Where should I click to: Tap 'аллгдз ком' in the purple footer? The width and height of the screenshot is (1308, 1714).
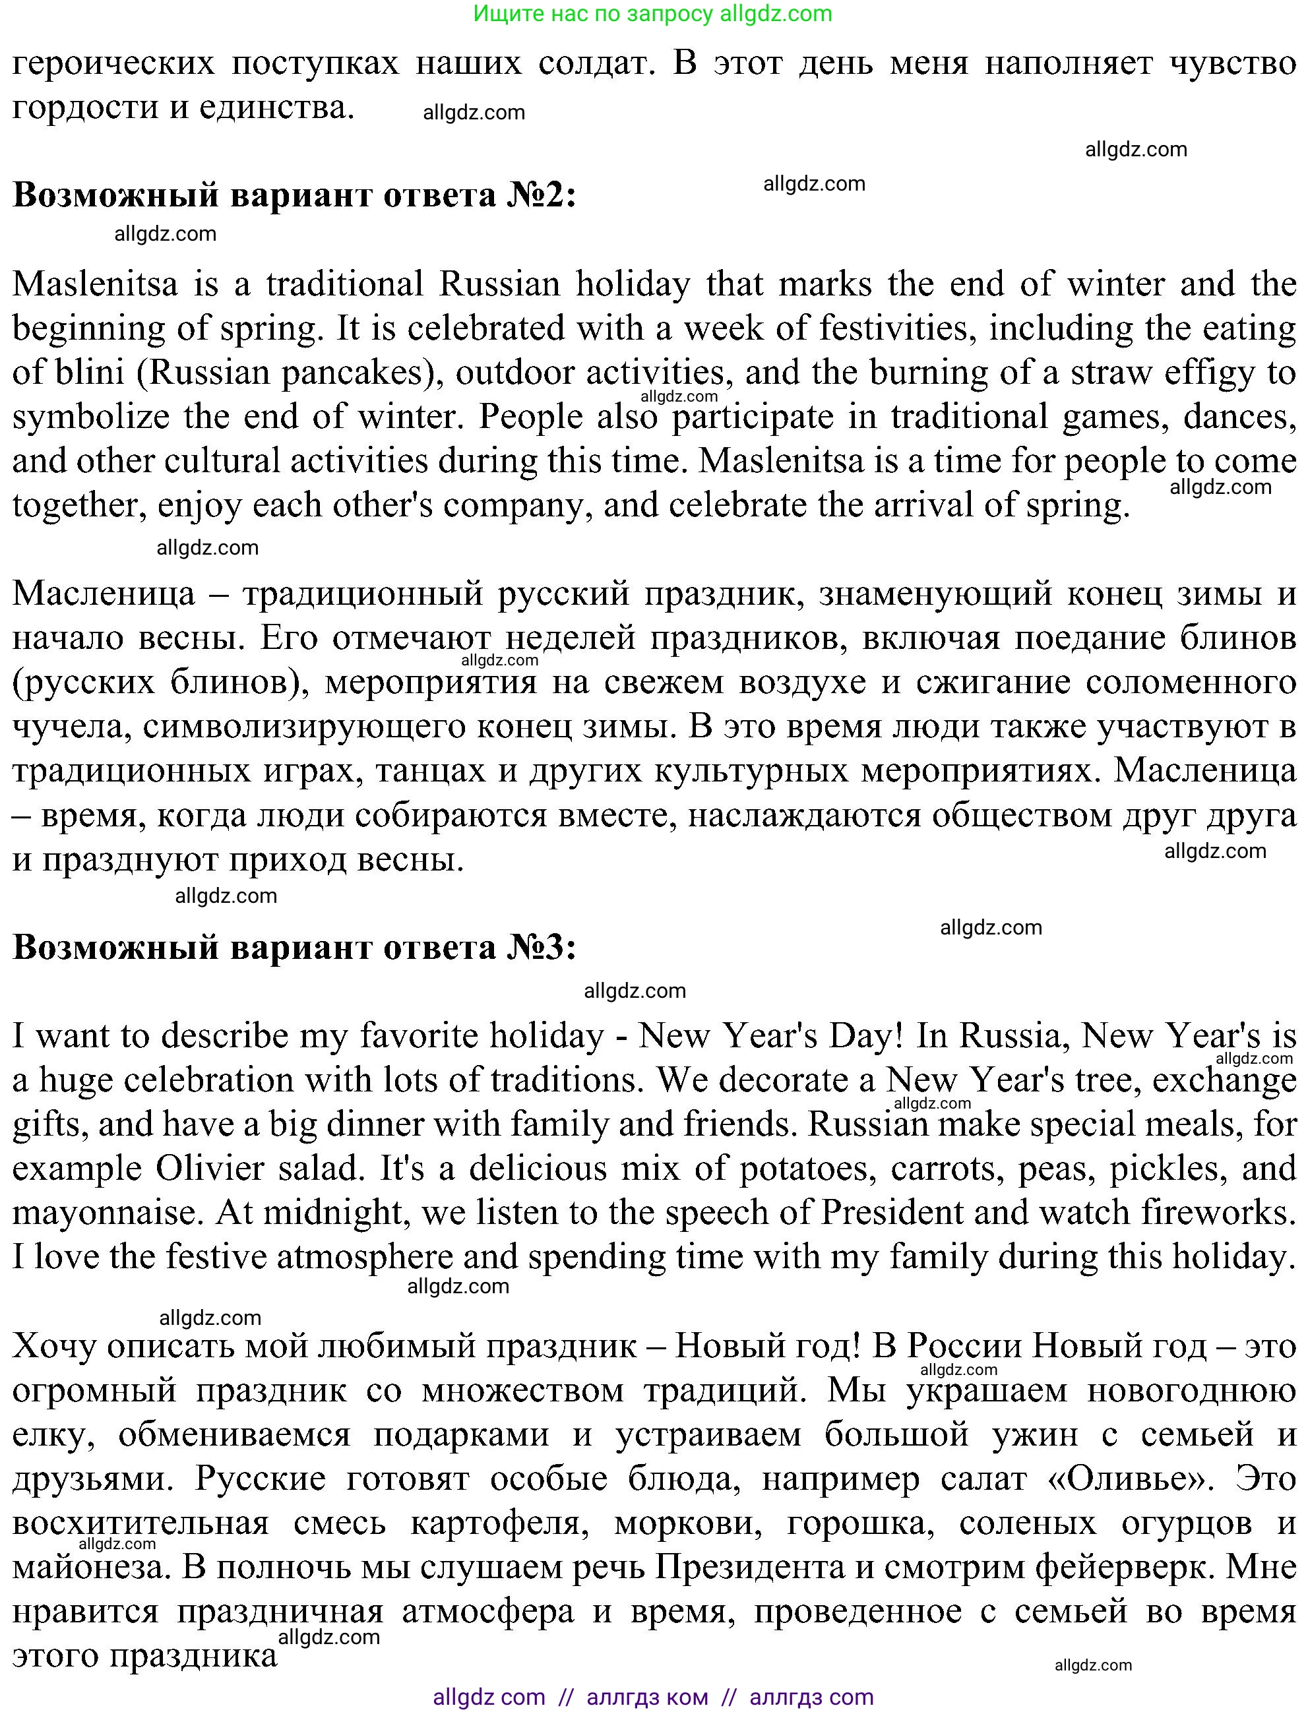[647, 1697]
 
